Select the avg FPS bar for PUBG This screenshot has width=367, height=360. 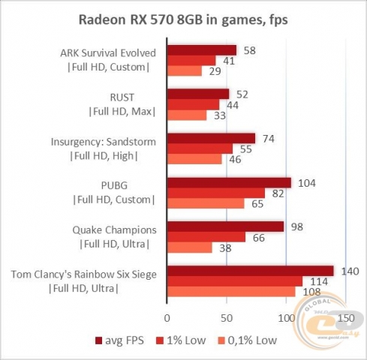pos(229,182)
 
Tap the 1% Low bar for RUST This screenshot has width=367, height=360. pos(193,105)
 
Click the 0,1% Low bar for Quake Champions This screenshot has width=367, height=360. pos(189,247)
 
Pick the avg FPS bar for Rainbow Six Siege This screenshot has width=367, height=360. pos(250,270)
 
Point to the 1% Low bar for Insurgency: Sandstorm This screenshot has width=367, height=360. pos(200,148)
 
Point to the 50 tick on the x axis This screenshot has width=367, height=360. pos(226,317)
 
